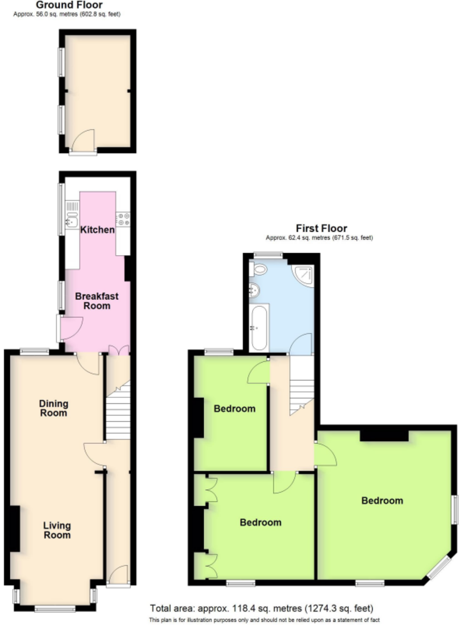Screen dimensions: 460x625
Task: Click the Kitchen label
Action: tap(97, 230)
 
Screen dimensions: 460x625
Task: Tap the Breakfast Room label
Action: tap(96, 301)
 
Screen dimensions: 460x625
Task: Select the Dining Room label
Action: tap(54, 408)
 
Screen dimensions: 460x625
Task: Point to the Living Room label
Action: tap(57, 530)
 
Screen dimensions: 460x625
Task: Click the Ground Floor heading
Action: tap(69, 5)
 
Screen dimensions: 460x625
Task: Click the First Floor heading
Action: tap(321, 228)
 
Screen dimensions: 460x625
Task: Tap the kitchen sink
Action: tap(72, 219)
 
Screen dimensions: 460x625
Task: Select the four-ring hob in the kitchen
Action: tap(123, 219)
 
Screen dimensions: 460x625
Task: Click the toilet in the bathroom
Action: tap(258, 270)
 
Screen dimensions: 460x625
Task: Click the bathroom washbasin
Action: tap(254, 291)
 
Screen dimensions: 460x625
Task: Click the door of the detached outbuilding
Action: tap(83, 142)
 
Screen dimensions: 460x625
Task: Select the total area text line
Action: tap(262, 606)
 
